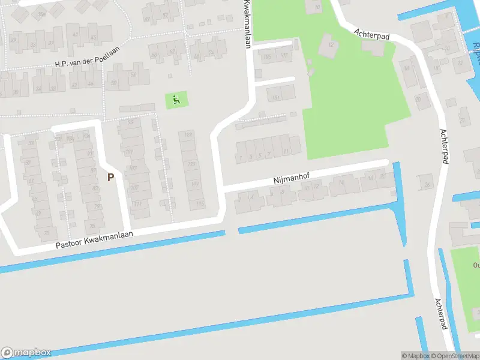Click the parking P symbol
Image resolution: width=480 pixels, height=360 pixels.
click(110, 177)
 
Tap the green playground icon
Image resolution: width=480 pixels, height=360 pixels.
click(176, 100)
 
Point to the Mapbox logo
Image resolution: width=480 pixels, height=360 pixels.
click(26, 353)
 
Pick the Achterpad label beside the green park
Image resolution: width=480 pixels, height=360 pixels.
click(372, 34)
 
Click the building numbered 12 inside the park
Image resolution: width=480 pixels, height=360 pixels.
click(331, 43)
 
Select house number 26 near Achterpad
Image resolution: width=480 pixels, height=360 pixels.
click(427, 185)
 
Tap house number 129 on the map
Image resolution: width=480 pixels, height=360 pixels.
click(190, 134)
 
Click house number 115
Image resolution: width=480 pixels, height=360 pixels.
click(200, 205)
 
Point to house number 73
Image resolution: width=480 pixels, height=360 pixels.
click(46, 233)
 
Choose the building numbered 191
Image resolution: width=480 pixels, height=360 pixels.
click(277, 97)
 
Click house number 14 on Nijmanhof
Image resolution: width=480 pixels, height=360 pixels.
click(341, 183)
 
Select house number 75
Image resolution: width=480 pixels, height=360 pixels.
click(92, 226)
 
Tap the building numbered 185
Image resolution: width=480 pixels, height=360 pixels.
click(267, 57)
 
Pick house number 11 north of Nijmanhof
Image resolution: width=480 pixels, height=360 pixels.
click(286, 151)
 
